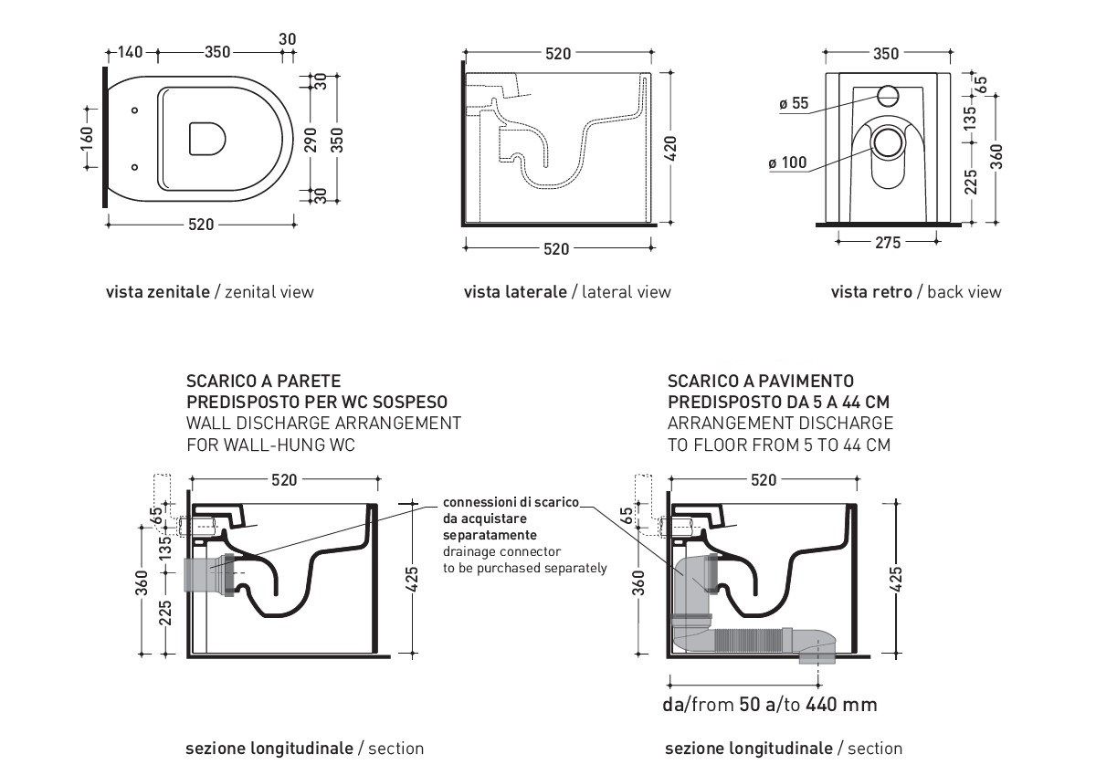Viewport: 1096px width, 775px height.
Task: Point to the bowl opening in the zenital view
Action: click(207, 139)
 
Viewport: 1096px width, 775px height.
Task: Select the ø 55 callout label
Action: click(794, 103)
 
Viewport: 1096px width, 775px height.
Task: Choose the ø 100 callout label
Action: click(787, 163)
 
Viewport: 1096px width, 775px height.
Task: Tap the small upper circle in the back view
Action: click(889, 94)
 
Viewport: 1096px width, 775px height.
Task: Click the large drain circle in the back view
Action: click(888, 141)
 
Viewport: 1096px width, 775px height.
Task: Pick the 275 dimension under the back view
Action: click(888, 242)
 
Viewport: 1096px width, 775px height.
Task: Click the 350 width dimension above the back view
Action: click(886, 54)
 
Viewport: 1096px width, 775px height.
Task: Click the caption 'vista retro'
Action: click(871, 292)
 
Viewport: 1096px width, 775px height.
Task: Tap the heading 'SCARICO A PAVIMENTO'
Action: click(761, 381)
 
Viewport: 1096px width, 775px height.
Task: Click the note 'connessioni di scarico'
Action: click(510, 503)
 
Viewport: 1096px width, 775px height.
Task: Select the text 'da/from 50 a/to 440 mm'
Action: click(769, 705)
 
